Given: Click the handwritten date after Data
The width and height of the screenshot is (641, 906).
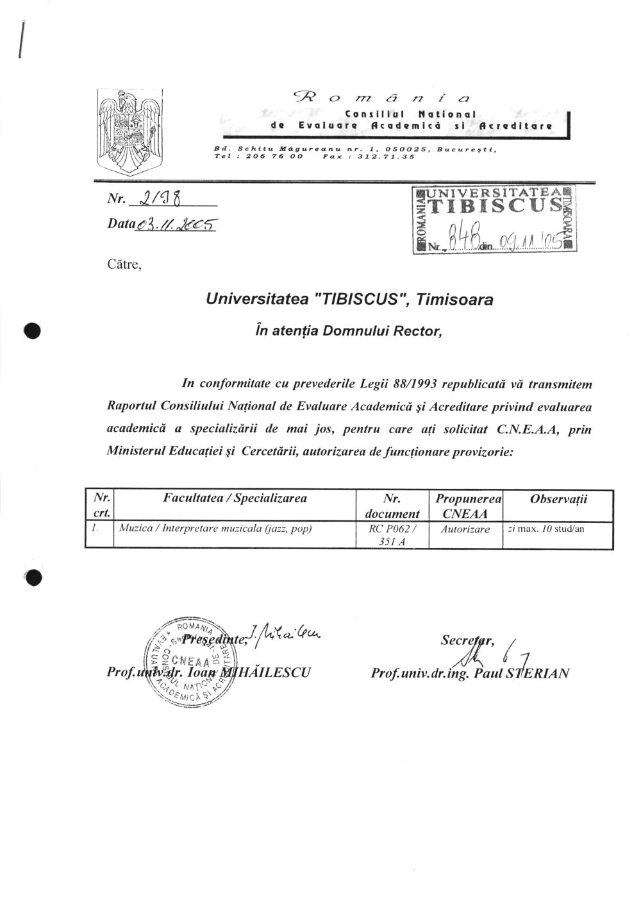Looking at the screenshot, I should tap(175, 225).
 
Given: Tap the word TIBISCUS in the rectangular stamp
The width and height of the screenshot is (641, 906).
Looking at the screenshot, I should tap(494, 206).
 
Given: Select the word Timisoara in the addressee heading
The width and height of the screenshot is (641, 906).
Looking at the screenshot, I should tap(455, 299).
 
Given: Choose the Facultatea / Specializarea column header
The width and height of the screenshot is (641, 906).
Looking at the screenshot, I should tap(235, 499).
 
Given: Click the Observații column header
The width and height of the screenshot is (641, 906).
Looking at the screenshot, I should tap(558, 499).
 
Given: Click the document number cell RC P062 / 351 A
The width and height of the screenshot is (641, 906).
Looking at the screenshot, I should tap(392, 535).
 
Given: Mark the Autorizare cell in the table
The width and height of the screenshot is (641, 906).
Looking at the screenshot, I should tap(465, 529).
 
